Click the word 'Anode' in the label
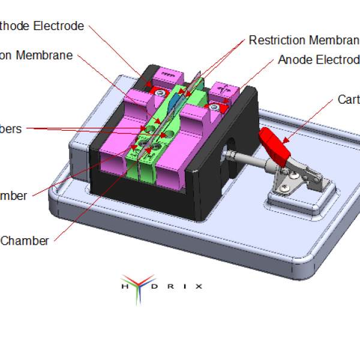click(x=293, y=60)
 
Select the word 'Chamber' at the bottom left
click(x=25, y=241)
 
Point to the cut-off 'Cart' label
click(x=348, y=100)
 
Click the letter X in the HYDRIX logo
click(x=199, y=287)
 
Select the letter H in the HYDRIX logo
click(x=124, y=287)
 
